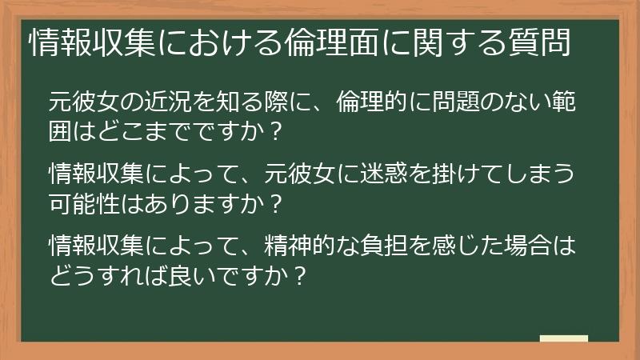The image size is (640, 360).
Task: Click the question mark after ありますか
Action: [x=274, y=200]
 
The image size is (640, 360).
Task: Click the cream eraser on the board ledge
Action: [x=563, y=338]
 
